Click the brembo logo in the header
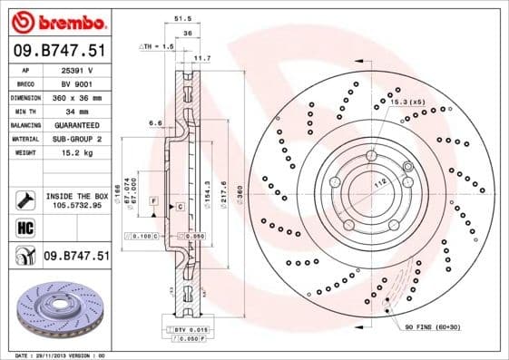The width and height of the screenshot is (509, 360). point(56,20)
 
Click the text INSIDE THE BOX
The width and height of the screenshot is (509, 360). point(76,195)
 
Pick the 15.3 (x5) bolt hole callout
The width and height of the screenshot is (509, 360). point(407,102)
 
